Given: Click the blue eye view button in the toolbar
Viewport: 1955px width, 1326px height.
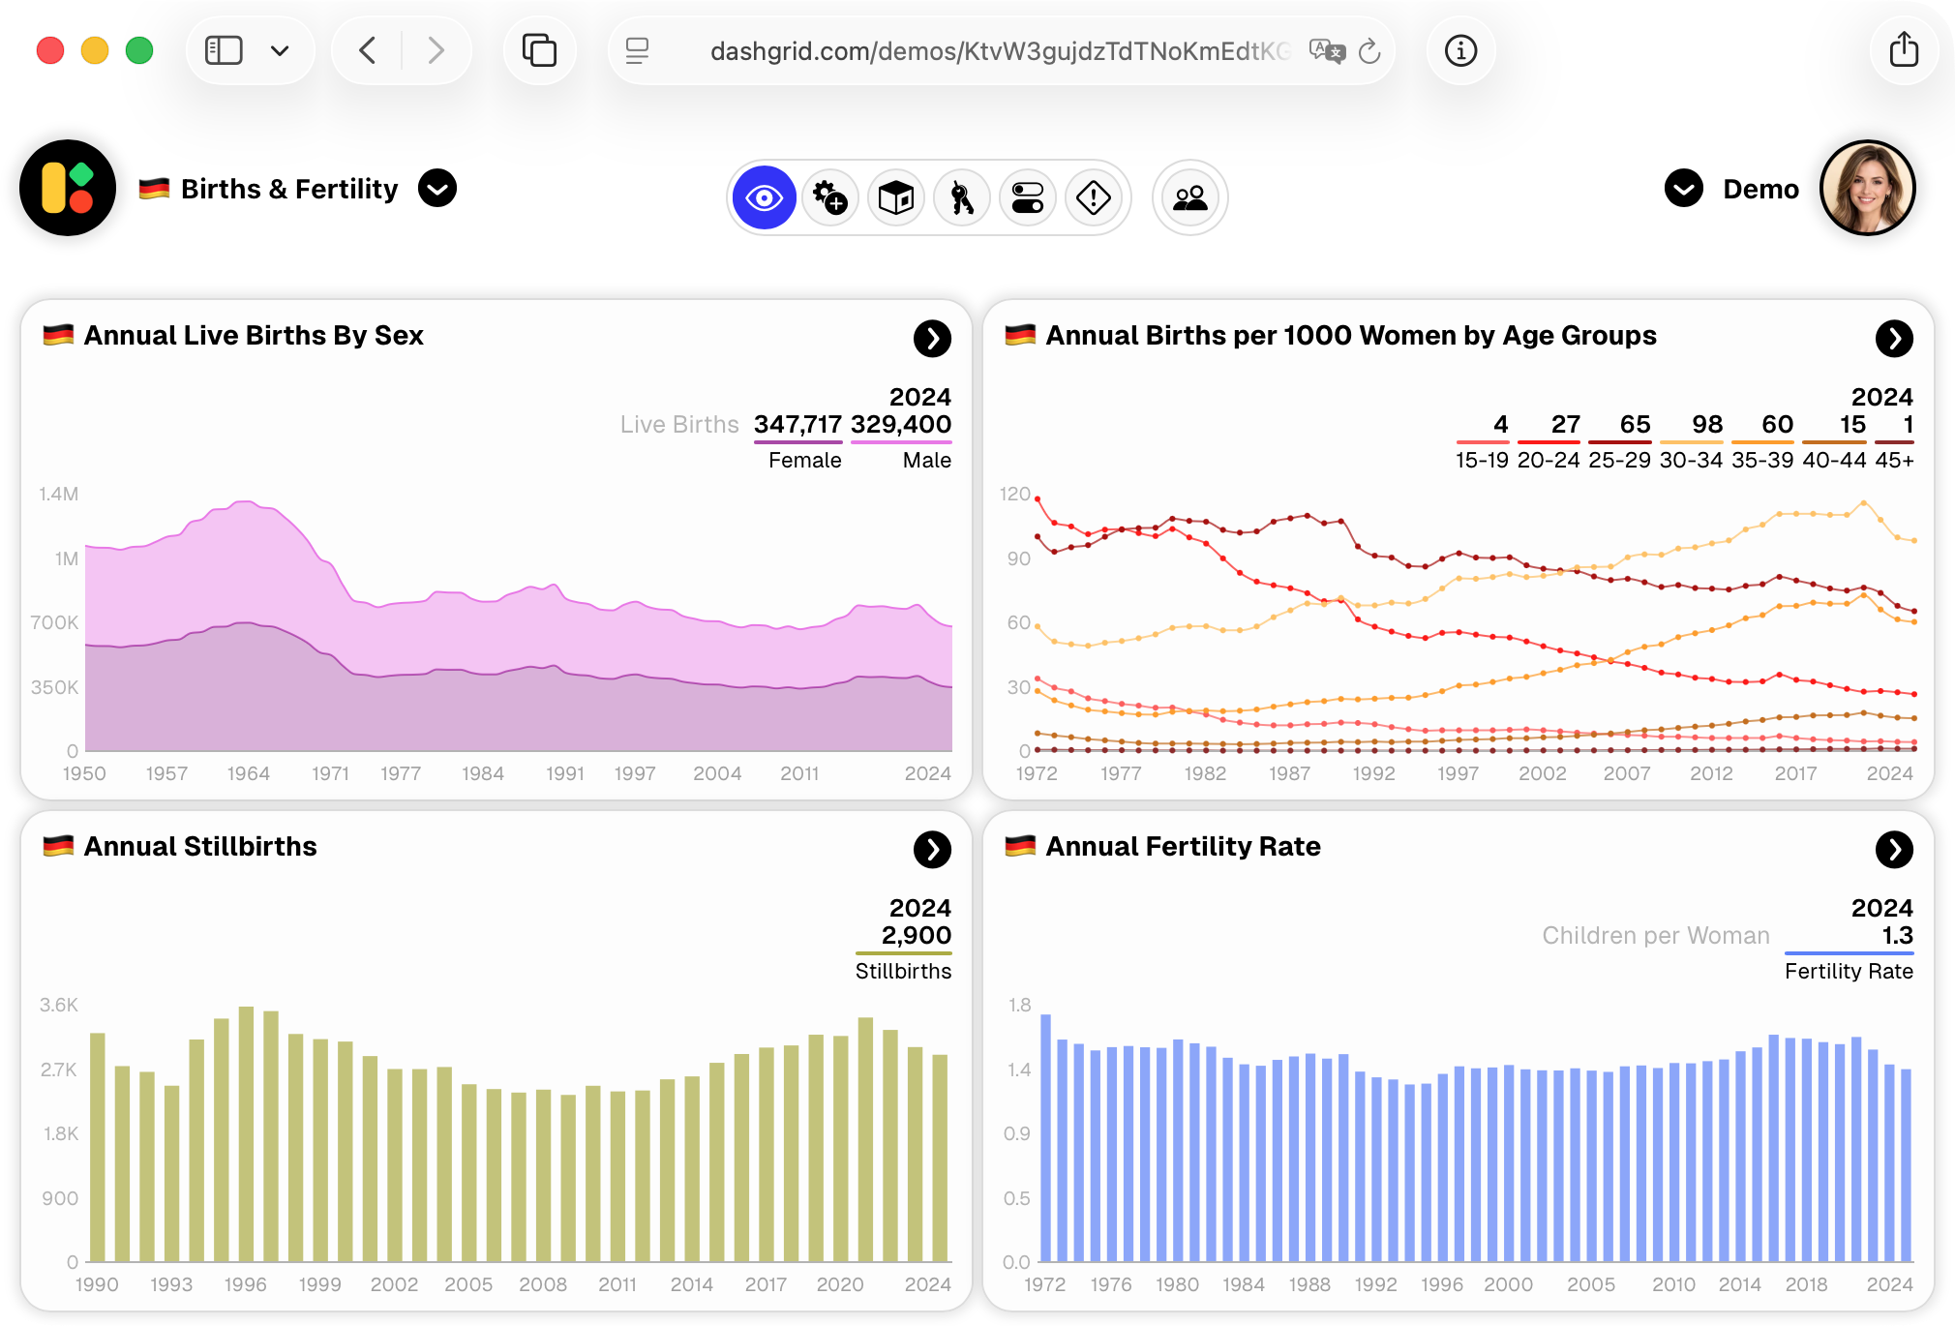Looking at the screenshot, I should [x=764, y=198].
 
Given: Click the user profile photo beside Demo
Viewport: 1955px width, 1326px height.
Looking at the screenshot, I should [x=1867, y=189].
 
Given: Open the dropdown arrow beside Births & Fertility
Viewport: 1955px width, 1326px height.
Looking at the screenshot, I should [x=437, y=189].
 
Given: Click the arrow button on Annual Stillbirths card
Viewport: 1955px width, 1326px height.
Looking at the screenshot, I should [x=932, y=850].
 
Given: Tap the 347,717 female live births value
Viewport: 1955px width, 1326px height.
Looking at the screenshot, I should [x=797, y=425].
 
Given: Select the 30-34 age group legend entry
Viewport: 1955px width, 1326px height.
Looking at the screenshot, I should [x=1691, y=461].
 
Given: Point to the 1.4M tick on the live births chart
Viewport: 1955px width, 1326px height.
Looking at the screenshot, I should [x=59, y=495].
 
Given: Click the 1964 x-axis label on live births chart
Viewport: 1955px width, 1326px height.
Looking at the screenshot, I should [x=249, y=773].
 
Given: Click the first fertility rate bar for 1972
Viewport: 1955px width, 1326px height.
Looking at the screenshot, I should [x=1045, y=1137].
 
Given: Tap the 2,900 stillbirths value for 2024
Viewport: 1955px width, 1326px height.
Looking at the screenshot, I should [x=916, y=936].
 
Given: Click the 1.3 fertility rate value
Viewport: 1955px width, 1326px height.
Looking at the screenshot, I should [x=1897, y=936].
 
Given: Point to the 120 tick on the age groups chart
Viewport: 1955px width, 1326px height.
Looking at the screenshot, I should [x=1015, y=495].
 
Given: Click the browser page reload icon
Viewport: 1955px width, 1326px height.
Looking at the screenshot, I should [x=1368, y=51].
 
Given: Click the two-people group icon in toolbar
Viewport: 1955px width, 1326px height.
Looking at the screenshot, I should [x=1189, y=198].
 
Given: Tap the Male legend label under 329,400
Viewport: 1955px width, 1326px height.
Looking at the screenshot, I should [x=926, y=461].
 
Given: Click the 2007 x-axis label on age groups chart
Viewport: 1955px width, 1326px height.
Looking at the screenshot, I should [x=1627, y=773].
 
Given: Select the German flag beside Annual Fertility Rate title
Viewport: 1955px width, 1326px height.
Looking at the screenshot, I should [x=1020, y=846].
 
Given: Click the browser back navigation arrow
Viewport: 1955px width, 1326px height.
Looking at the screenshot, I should [x=368, y=50].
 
